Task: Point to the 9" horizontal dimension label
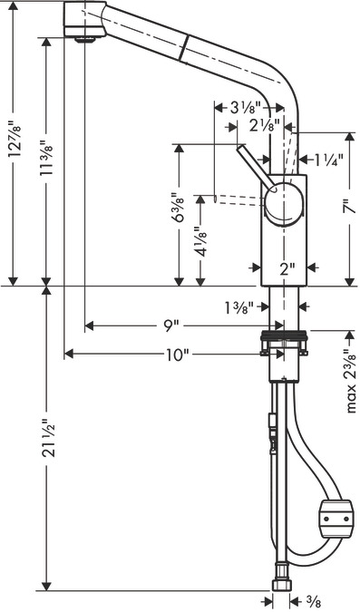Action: [x=168, y=325]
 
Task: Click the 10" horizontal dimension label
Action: [x=177, y=355]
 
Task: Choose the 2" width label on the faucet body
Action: [x=287, y=268]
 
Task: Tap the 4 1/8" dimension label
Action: [x=201, y=242]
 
